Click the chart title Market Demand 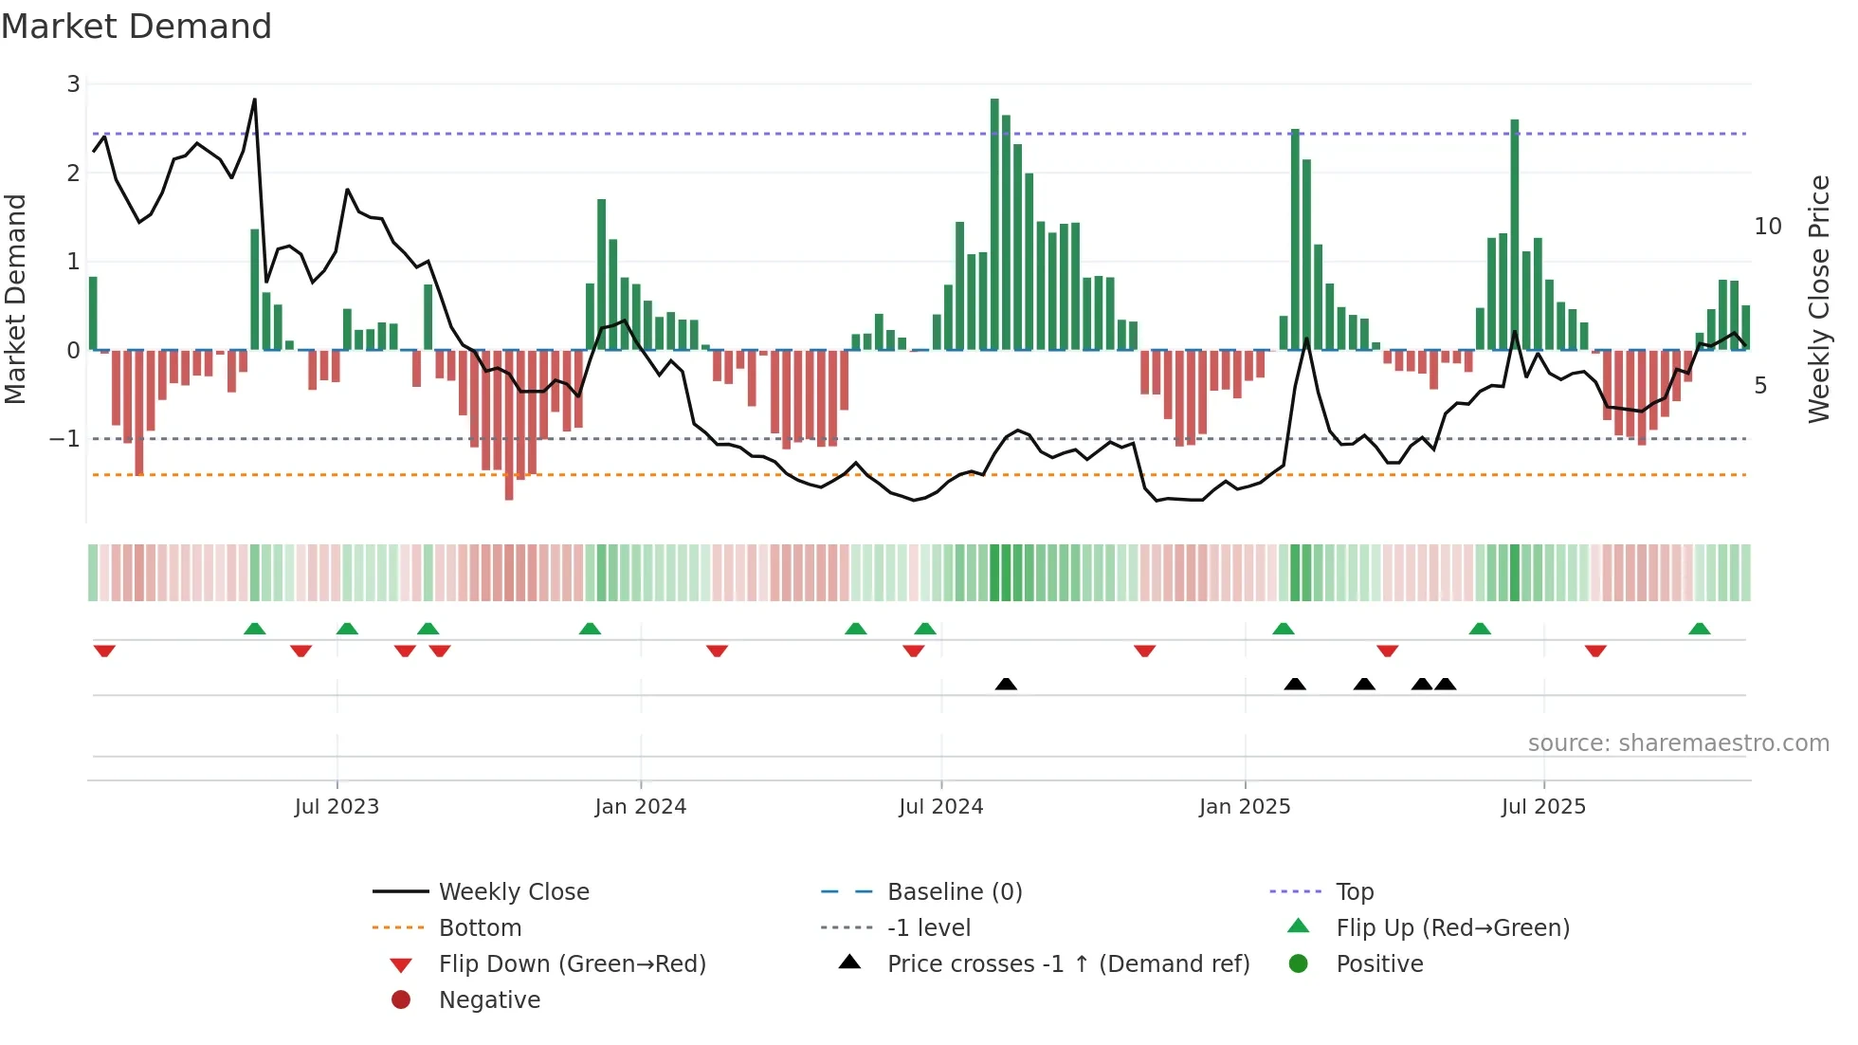[137, 27]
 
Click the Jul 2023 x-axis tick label [337, 807]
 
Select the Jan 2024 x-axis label [640, 807]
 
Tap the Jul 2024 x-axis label [940, 807]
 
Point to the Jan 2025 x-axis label [1244, 807]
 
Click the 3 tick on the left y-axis [73, 84]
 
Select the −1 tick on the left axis [64, 439]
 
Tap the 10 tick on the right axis [1767, 227]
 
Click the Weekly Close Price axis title [1818, 299]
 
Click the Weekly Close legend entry [513, 892]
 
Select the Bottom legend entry [480, 928]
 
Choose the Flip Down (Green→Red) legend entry [572, 964]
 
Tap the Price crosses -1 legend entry [1067, 964]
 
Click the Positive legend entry [1379, 964]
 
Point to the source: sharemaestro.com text [1678, 743]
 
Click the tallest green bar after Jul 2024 [994, 224]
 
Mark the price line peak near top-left [254, 100]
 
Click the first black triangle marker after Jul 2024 [1006, 684]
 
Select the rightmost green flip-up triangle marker [1699, 629]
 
